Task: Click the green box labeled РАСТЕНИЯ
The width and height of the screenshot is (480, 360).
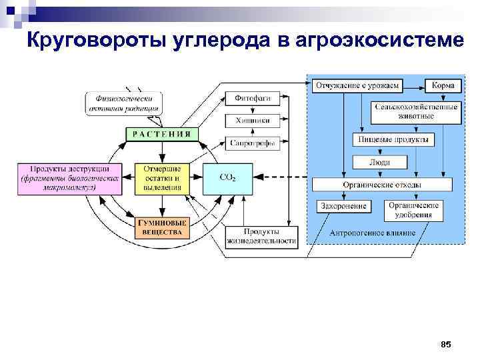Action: click(162, 133)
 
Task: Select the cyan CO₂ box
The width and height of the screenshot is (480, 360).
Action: click(227, 178)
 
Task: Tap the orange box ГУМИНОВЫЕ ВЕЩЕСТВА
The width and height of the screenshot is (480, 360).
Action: click(162, 227)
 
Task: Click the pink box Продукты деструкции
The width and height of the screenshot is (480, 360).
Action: click(69, 178)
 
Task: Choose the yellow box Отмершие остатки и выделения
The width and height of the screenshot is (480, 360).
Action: click(162, 178)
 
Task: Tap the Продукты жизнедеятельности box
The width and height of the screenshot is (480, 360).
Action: click(261, 235)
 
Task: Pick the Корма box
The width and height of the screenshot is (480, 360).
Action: click(443, 85)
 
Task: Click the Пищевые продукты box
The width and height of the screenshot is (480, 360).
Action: click(393, 139)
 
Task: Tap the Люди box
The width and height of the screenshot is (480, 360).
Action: click(379, 161)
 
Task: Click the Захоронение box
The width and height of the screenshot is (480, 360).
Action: click(343, 207)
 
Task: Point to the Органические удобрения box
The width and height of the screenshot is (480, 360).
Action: click(413, 211)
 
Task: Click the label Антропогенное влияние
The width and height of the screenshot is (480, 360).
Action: click(372, 233)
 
